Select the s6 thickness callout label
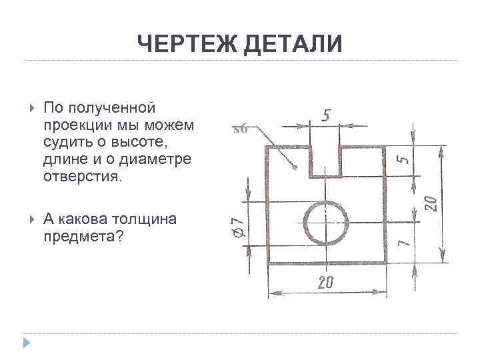pos(240,129)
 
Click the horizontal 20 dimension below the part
pos(325,283)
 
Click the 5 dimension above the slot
pos(326,115)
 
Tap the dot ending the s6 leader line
pos(294,168)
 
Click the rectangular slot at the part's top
pos(325,161)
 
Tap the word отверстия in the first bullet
pos(81,177)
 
